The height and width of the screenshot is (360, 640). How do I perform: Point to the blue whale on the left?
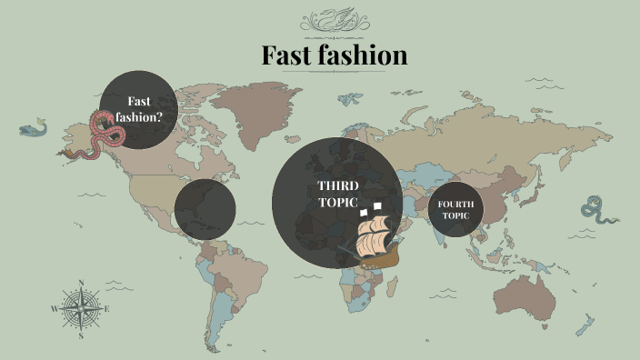33,129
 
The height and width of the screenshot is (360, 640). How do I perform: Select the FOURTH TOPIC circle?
455,209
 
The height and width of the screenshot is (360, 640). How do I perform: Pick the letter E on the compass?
107,309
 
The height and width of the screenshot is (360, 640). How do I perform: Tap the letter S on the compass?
82,335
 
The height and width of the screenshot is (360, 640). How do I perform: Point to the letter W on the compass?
55,309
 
